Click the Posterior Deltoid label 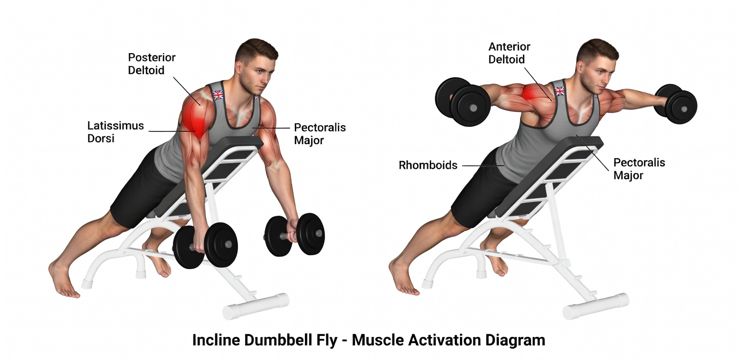[x=146, y=63]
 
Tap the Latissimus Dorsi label [x=115, y=131]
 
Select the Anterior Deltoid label [x=509, y=53]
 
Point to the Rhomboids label [x=428, y=165]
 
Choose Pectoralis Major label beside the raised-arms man [x=639, y=169]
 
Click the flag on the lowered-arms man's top [x=218, y=95]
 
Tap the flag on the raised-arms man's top [x=560, y=91]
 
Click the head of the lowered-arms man [x=254, y=66]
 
